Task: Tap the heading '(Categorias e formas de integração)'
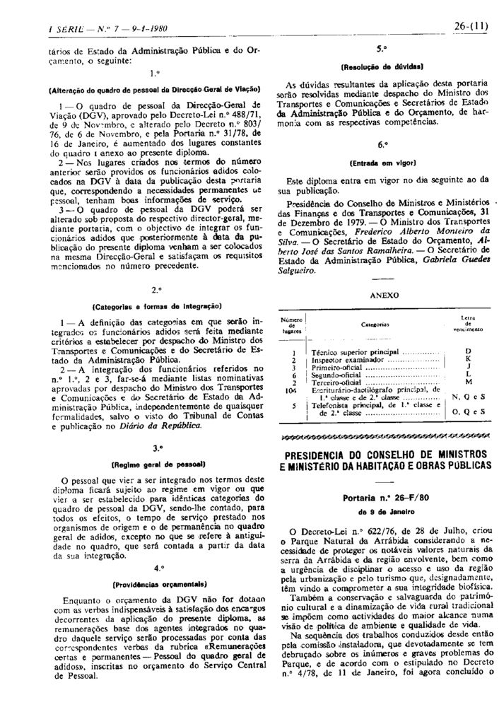157,306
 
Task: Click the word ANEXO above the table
384,295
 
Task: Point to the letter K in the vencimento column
468,359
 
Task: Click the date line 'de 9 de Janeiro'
382,511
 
